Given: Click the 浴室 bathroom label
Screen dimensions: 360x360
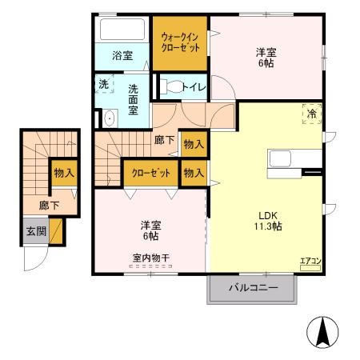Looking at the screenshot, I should tap(122, 56).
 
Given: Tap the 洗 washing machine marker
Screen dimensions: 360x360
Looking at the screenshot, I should tap(104, 84).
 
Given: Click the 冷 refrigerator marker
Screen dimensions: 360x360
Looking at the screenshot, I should tap(311, 114).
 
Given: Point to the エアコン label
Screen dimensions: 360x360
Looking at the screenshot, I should tap(310, 260).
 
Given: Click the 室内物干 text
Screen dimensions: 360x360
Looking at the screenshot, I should tap(150, 258).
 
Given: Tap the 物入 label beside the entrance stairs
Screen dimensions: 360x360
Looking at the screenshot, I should tap(63, 171).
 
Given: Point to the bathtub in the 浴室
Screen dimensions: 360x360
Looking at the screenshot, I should tap(122, 31).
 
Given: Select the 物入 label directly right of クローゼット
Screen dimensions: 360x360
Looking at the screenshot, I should tap(193, 172).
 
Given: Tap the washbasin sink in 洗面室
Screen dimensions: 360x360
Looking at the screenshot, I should tap(109, 117).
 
